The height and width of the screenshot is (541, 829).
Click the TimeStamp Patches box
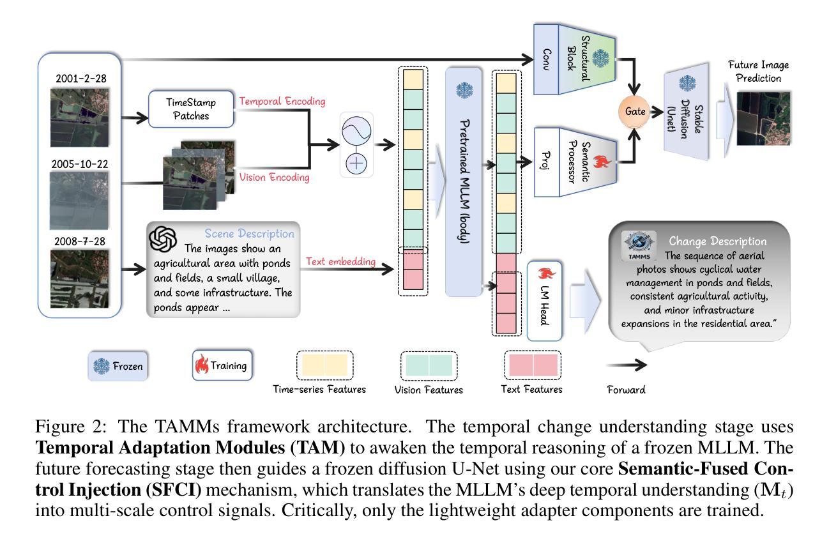[191, 109]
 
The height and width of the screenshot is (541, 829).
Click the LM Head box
[545, 300]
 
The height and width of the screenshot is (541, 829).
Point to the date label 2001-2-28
[81, 79]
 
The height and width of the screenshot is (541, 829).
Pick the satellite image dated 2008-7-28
[80, 278]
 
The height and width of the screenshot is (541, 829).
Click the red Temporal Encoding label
[282, 102]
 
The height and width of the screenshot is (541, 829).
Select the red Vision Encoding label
[275, 178]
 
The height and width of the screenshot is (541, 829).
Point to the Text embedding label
[340, 261]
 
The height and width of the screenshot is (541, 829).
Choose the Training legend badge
[222, 365]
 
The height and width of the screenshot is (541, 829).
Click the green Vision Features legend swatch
[429, 365]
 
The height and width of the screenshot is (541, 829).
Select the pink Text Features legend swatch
[533, 365]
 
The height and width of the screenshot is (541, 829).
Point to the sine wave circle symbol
[356, 133]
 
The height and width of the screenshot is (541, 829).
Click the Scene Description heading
[249, 234]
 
